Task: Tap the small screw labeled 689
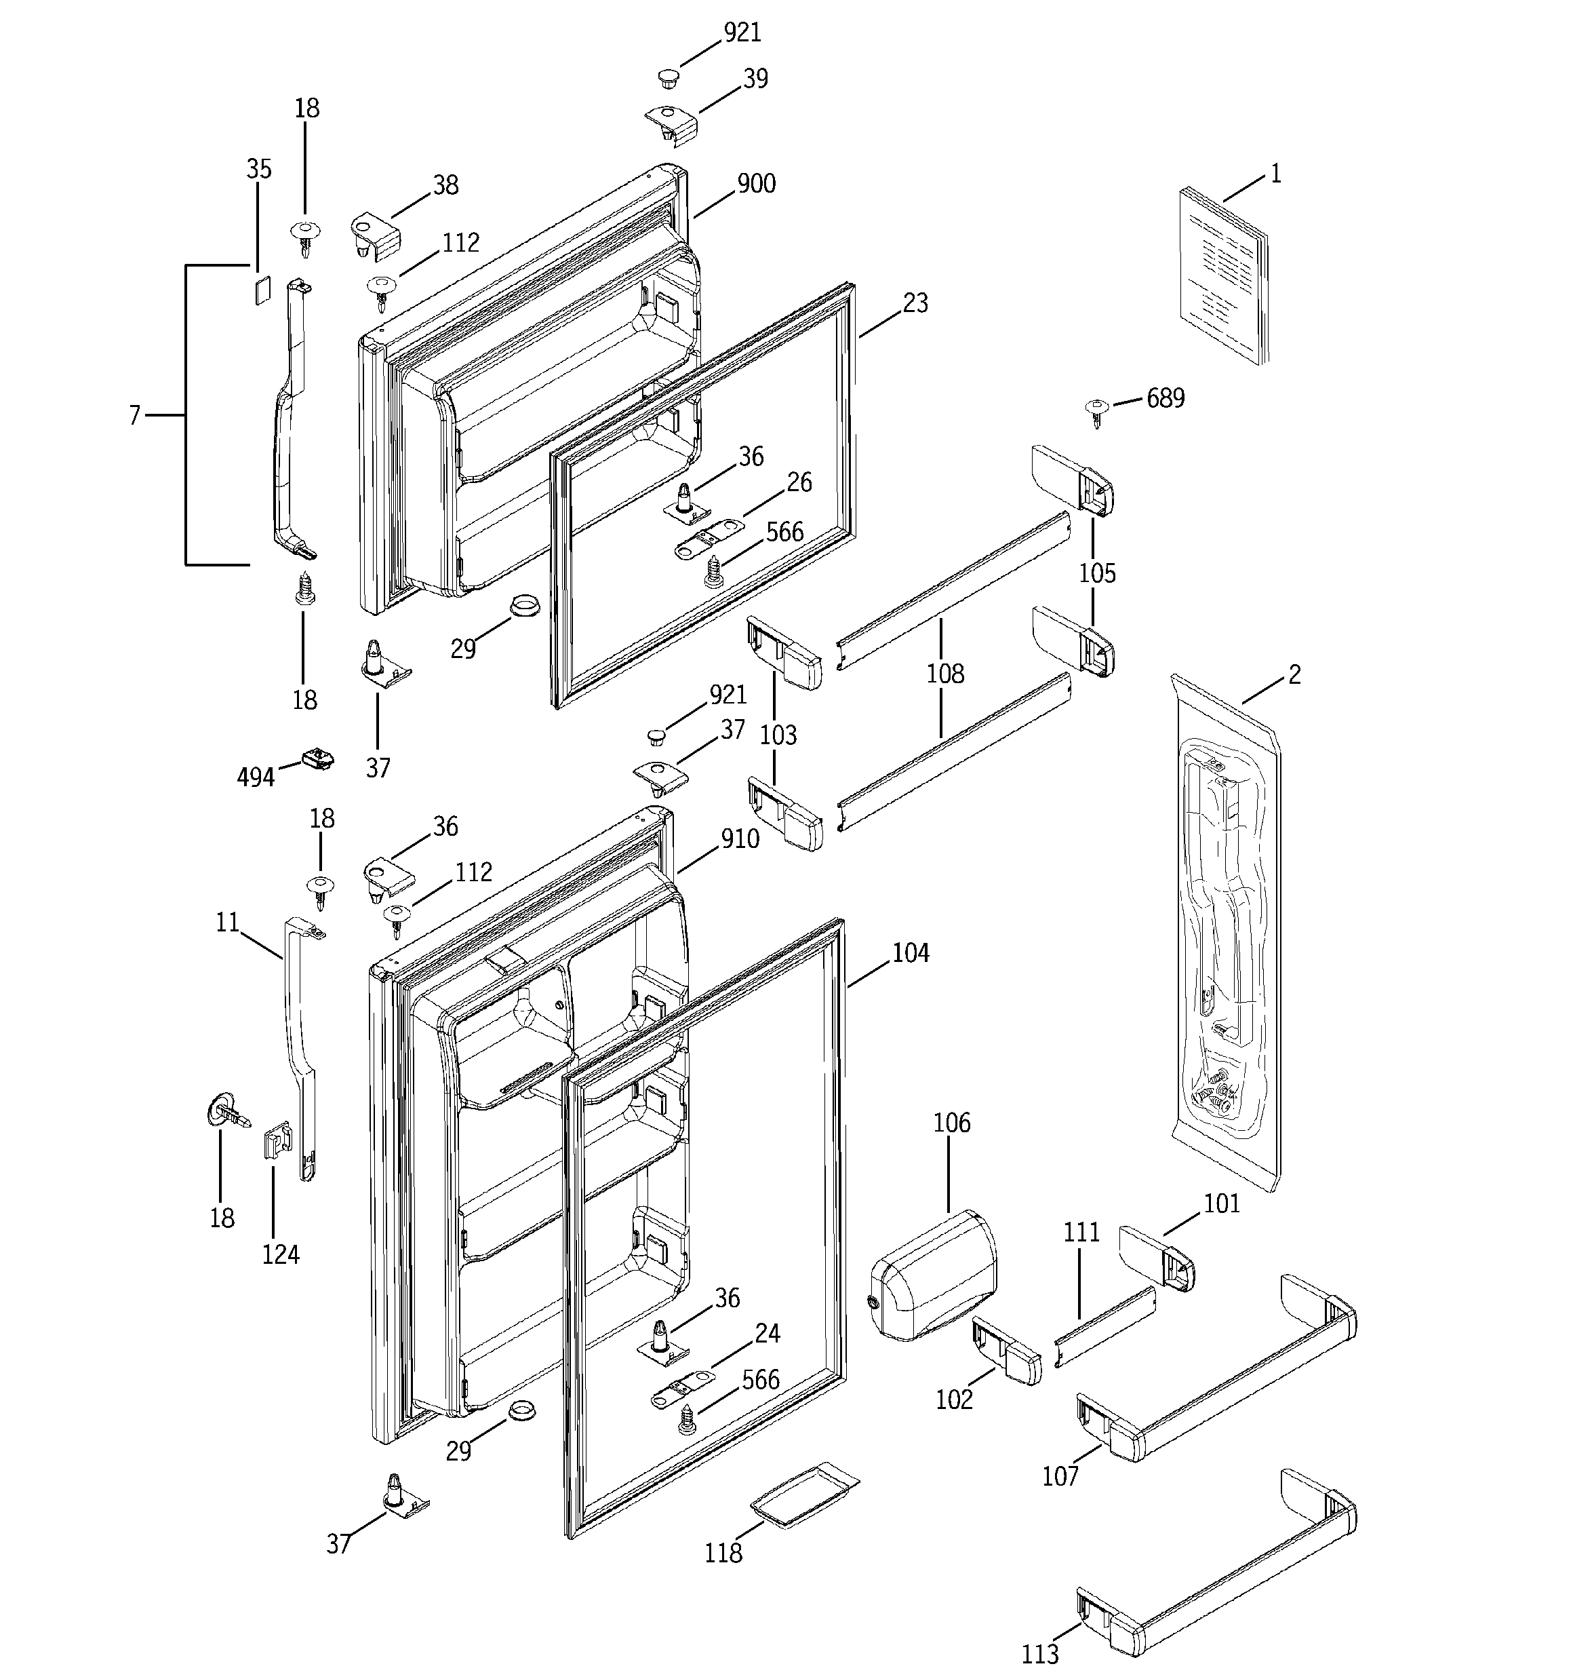pyautogui.click(x=1095, y=411)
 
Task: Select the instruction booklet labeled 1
pyautogui.click(x=1222, y=275)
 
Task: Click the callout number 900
pyautogui.click(x=756, y=183)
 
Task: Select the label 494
pyautogui.click(x=255, y=776)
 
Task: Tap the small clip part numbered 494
pyautogui.click(x=317, y=758)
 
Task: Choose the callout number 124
pyautogui.click(x=280, y=1254)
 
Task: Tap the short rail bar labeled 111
pyautogui.click(x=1106, y=1326)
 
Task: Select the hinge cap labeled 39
pyautogui.click(x=672, y=123)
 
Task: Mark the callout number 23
pyautogui.click(x=915, y=303)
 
